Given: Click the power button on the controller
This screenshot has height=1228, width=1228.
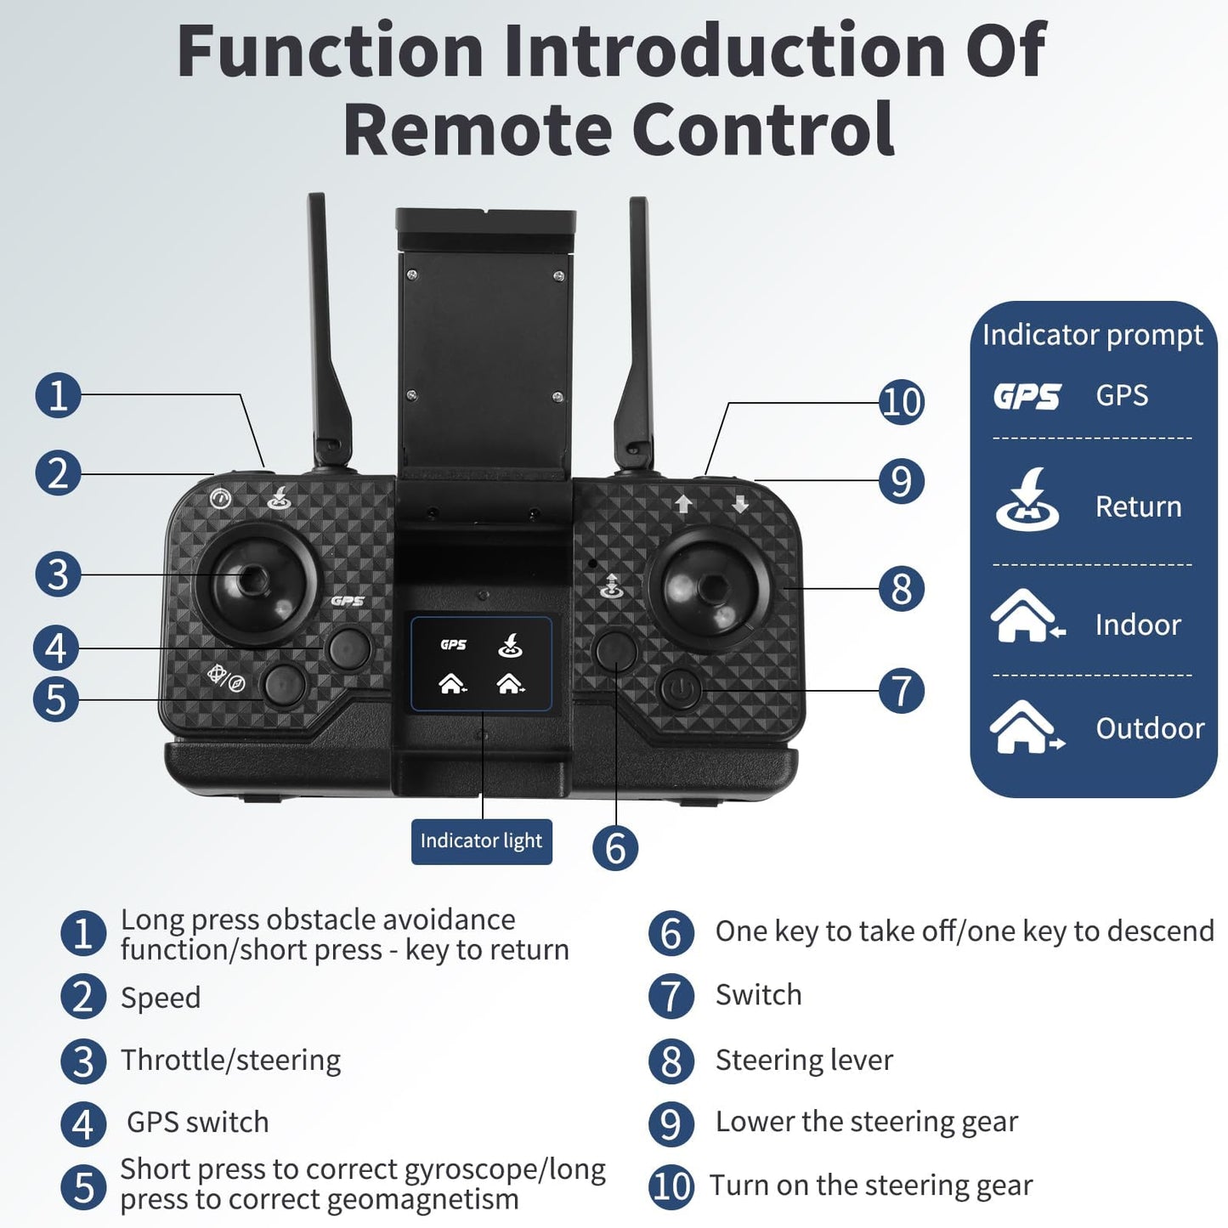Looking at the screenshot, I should (x=680, y=690).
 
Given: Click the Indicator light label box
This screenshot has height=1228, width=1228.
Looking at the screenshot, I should (x=481, y=841).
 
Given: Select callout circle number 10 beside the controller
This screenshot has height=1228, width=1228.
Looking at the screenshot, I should (x=901, y=401).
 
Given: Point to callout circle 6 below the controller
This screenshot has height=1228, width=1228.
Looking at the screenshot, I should (x=614, y=847).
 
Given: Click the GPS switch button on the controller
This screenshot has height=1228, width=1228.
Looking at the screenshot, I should (x=349, y=648).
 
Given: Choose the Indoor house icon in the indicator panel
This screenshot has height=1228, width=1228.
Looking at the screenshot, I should (x=1027, y=616).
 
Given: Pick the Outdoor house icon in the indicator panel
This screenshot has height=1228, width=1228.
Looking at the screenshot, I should (x=1026, y=727).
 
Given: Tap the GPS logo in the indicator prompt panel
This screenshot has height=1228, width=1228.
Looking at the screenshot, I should (x=1027, y=396).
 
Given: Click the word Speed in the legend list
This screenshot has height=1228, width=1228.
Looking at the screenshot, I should (x=161, y=998).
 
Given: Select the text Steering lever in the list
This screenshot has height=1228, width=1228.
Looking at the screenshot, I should (x=804, y=1061).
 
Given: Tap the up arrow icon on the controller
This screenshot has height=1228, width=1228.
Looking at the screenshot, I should (x=683, y=505).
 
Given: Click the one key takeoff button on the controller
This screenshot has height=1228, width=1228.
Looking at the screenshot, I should (x=616, y=650).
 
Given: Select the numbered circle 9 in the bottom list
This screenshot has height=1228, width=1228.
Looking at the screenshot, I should (x=671, y=1123).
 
